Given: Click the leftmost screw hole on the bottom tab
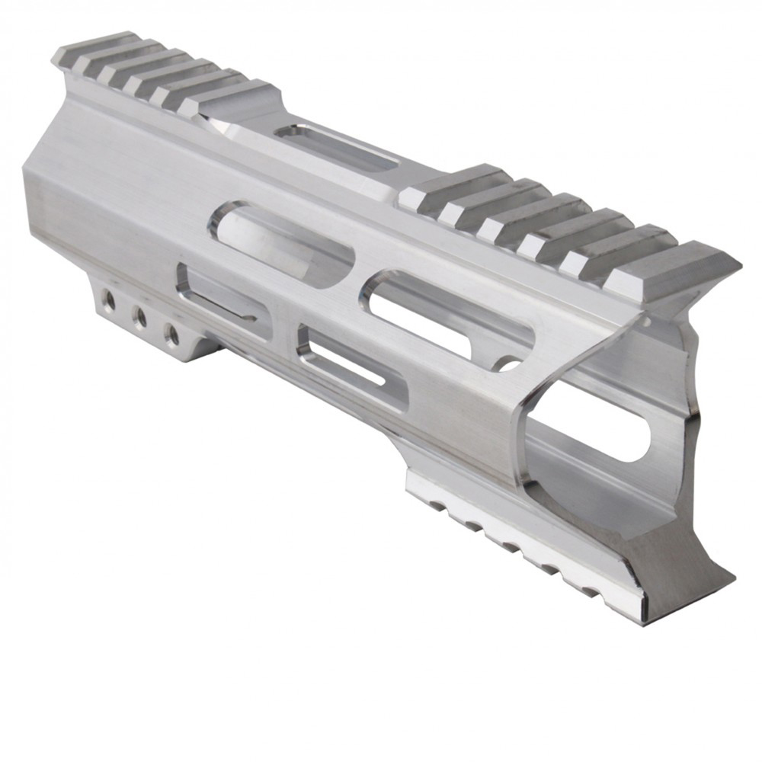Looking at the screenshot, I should [109, 300].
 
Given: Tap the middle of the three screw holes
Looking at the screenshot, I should [140, 317].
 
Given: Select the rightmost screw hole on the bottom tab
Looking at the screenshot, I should [172, 333].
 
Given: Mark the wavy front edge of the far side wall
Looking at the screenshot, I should [697, 396].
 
